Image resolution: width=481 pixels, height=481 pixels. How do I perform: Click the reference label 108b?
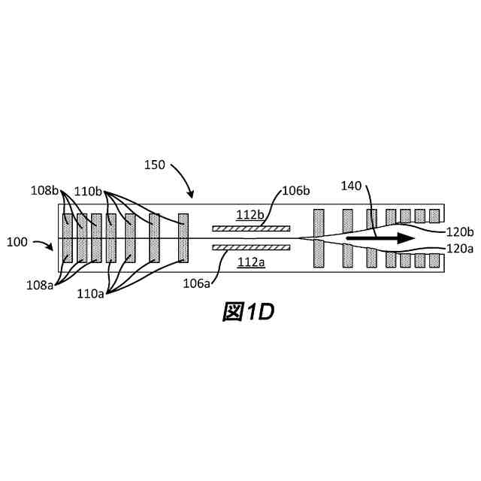pyautogui.click(x=46, y=190)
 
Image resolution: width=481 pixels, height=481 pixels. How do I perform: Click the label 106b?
pyautogui.click(x=295, y=190)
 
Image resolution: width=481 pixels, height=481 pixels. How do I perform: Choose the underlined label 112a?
pyautogui.click(x=250, y=262)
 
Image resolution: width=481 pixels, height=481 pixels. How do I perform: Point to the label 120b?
pyautogui.click(x=459, y=231)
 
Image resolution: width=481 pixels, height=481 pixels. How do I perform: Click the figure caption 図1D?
pyautogui.click(x=248, y=312)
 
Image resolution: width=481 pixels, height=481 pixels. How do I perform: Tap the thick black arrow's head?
pyautogui.click(x=407, y=239)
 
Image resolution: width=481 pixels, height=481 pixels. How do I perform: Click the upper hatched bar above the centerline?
pyautogui.click(x=250, y=228)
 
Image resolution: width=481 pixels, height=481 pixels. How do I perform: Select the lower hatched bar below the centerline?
pyautogui.click(x=250, y=247)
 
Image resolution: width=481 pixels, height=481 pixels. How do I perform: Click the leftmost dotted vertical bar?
pyautogui.click(x=68, y=239)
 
